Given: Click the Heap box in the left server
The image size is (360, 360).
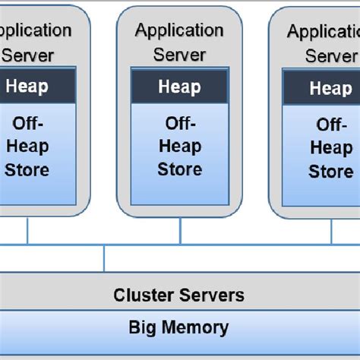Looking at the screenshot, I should click(27, 86).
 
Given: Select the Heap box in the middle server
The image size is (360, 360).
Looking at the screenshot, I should click(179, 87).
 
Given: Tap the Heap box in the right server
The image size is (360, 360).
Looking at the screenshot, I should click(330, 88).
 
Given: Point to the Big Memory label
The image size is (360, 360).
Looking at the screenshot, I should click(179, 328).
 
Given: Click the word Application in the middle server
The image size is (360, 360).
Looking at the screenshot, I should click(179, 30).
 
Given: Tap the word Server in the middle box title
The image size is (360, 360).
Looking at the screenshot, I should click(179, 54).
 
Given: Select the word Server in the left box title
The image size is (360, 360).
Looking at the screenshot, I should click(28, 55).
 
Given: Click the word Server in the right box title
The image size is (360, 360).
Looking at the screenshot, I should click(331, 56).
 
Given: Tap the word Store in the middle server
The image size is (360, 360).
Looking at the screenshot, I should click(179, 169).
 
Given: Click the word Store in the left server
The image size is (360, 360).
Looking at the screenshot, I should click(27, 169).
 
